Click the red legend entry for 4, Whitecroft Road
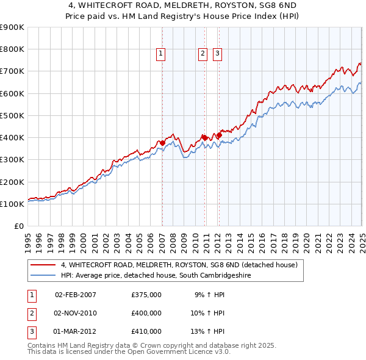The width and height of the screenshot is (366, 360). tap(179, 265)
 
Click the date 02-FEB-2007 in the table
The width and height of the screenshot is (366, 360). tap(76, 295)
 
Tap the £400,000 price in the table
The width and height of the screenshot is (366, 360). tap(146, 313)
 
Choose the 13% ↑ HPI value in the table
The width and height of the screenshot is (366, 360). tap(208, 331)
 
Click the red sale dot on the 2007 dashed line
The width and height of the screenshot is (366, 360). tap(162, 143)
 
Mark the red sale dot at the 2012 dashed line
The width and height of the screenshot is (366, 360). tap(219, 135)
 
